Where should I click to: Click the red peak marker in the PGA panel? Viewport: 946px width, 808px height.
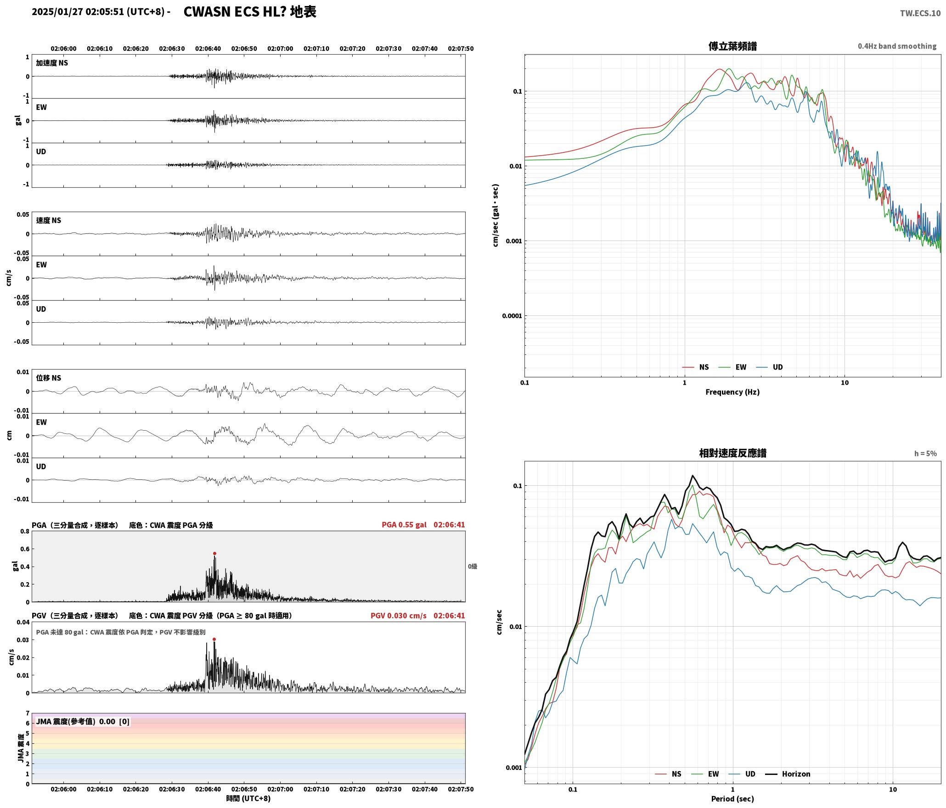(x=214, y=554)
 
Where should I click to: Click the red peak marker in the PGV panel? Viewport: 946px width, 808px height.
(x=214, y=639)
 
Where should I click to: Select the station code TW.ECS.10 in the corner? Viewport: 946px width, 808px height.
(x=920, y=13)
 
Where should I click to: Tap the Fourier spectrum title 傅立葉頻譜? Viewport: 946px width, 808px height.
(x=732, y=46)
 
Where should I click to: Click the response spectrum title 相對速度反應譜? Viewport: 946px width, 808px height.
(x=732, y=453)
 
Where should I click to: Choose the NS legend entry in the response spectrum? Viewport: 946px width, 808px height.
(x=668, y=774)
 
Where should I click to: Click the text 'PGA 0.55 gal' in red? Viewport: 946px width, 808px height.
(x=404, y=525)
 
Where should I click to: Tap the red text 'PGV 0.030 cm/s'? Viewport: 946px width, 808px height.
(x=399, y=616)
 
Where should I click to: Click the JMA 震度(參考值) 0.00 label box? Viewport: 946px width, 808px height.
(x=83, y=721)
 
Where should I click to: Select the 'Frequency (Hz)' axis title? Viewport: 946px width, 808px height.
(x=732, y=392)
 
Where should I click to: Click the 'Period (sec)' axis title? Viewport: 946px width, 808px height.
(x=732, y=799)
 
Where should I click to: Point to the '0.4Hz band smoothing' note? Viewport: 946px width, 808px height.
(x=897, y=46)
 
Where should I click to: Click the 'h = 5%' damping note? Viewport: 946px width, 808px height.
(x=925, y=454)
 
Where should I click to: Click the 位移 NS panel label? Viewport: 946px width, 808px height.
(x=49, y=378)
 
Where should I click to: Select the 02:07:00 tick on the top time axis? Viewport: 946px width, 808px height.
(x=280, y=48)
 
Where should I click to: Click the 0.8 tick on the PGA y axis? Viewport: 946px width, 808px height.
(x=25, y=532)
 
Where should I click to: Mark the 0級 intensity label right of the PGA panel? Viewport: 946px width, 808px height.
(x=473, y=567)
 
